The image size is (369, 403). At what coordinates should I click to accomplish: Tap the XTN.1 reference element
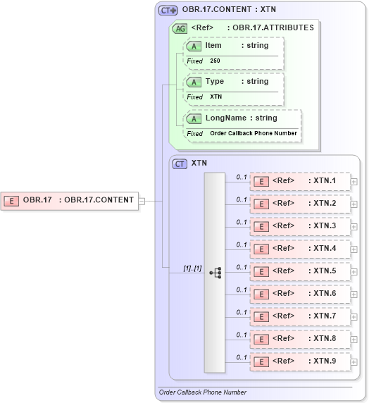pos(301,181)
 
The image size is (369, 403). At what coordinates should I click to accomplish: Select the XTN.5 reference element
pos(301,271)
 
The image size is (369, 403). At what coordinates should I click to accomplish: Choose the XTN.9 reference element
pos(301,361)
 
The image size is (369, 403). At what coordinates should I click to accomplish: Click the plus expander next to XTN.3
pos(354,227)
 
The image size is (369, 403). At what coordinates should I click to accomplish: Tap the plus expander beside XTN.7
pos(354,317)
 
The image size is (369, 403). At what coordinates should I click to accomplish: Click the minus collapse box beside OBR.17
pos(142,200)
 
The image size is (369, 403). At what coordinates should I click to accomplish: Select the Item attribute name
pos(213,46)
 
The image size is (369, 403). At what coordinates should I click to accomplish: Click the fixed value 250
pos(215,61)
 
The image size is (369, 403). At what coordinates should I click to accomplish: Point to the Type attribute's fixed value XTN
pos(216,97)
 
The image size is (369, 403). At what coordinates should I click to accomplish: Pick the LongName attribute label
pos(225,118)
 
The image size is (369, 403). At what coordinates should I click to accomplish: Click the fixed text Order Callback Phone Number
pos(254,133)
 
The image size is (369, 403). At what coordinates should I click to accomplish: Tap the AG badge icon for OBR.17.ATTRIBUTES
pos(180,28)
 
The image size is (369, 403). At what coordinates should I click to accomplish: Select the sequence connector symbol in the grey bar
pos(215,272)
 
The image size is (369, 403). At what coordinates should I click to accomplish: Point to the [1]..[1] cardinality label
pos(193,268)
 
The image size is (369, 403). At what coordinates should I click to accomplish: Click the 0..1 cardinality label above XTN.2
pos(242,199)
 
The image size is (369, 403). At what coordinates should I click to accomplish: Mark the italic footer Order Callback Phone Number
pos(203,392)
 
